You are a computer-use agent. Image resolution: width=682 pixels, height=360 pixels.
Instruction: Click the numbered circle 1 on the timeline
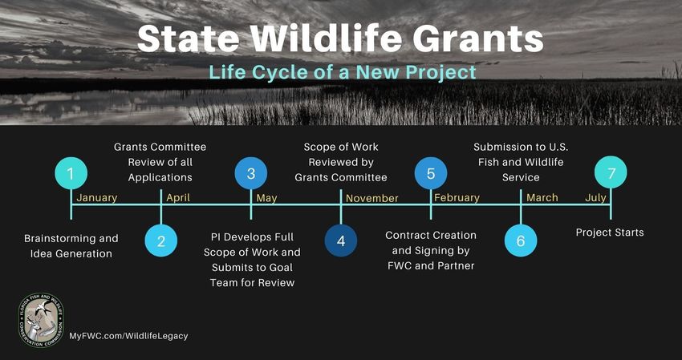[71, 173]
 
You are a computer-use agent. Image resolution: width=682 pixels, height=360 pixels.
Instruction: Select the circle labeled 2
[161, 241]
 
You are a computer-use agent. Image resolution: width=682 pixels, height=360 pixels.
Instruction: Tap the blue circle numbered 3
[251, 173]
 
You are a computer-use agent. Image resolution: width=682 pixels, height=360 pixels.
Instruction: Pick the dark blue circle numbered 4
[341, 241]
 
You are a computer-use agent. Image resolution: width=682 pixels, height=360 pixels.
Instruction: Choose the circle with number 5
[431, 173]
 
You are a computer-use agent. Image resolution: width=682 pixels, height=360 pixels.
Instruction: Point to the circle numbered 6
[521, 241]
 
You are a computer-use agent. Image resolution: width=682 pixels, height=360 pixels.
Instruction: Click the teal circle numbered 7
[611, 172]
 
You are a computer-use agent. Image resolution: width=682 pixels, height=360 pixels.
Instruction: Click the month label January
[97, 198]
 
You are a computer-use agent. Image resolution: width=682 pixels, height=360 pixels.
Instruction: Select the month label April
[178, 198]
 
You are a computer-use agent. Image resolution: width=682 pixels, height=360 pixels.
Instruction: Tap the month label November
[371, 199]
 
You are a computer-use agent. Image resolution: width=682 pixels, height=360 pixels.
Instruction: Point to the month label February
[457, 198]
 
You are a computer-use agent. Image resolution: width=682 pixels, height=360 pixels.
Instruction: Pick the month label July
[595, 198]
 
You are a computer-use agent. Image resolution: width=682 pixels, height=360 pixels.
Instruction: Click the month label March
[542, 198]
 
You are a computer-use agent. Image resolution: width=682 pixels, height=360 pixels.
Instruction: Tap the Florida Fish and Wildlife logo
[41, 320]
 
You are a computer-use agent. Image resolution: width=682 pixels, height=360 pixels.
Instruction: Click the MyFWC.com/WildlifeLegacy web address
[128, 336]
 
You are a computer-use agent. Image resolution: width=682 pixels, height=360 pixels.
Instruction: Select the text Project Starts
[610, 233]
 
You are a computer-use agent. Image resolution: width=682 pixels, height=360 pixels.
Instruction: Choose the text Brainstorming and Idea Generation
[71, 246]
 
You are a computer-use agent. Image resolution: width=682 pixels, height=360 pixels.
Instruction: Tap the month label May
[266, 198]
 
